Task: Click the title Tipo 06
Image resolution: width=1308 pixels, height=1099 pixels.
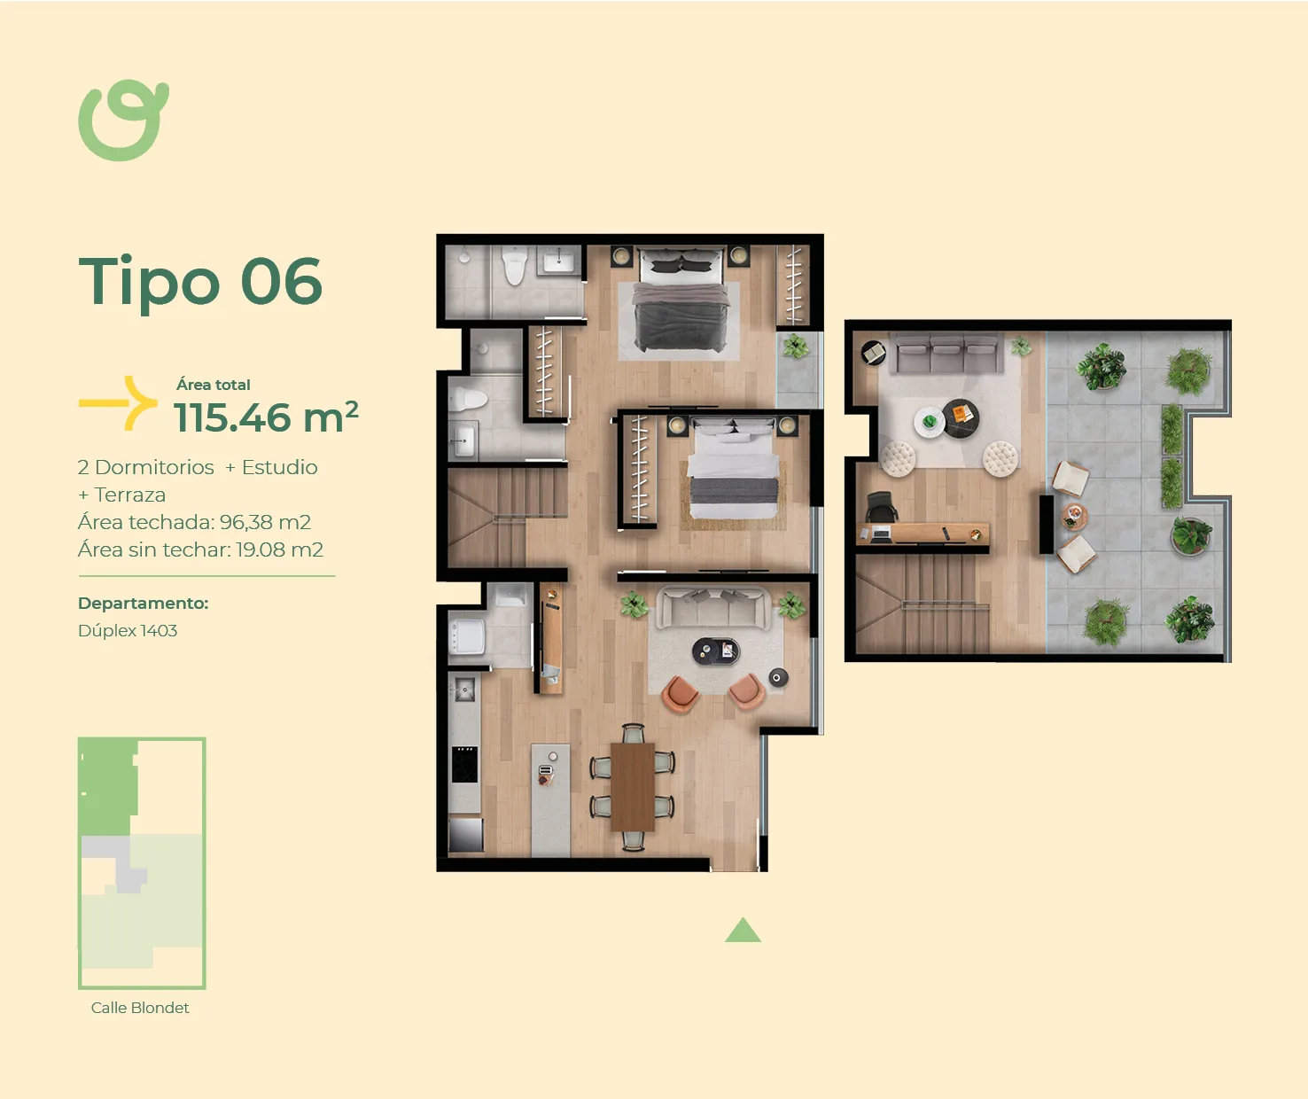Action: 200,282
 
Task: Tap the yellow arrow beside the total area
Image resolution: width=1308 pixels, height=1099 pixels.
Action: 119,403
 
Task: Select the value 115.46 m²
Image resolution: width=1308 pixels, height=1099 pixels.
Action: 266,417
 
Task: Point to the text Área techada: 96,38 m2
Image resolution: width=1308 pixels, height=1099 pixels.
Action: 194,522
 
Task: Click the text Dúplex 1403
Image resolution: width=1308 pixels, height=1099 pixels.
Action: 128,630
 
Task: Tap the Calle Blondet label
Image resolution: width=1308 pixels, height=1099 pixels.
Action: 140,1008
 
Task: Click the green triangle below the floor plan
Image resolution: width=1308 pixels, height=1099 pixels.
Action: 743,931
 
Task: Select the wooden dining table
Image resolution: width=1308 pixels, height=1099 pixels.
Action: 633,786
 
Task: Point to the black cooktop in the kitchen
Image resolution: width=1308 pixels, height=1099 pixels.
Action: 464,764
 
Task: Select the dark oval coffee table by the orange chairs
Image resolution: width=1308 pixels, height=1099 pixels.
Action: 715,651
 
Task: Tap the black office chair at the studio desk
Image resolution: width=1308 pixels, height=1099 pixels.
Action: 882,506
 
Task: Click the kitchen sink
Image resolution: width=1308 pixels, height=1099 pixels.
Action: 464,690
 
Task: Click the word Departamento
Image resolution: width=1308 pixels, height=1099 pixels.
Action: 143,603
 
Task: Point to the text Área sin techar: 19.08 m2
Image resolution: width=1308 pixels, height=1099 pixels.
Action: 200,549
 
